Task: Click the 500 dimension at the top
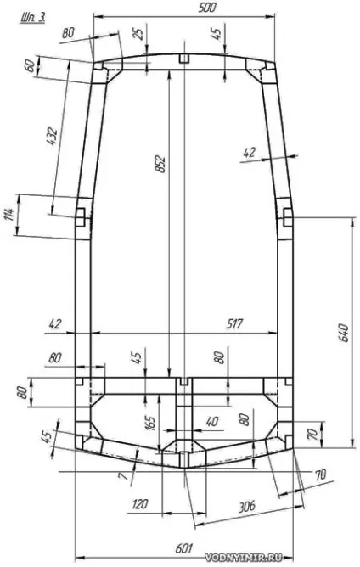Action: point(206,8)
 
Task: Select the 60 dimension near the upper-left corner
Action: point(31,66)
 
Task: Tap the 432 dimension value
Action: point(52,136)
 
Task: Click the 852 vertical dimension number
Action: point(160,164)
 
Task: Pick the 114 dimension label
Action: point(9,215)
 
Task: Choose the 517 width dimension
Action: point(233,323)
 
